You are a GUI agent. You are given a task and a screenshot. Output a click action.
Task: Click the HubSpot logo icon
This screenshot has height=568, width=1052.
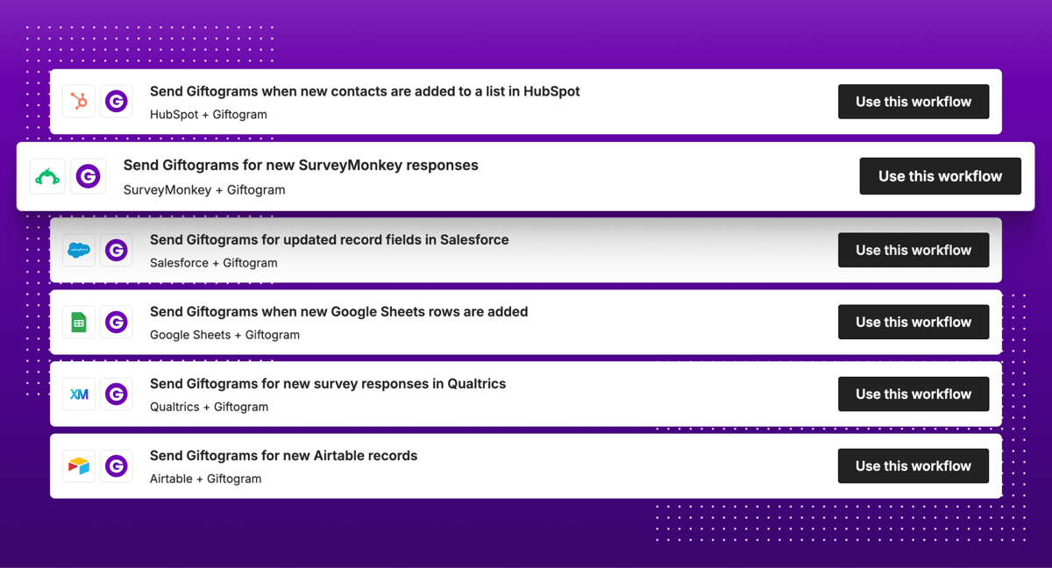tap(79, 102)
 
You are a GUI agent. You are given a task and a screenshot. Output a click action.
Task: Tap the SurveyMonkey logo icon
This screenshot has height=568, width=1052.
tap(47, 176)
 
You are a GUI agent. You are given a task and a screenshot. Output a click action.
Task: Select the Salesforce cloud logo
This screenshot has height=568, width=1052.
tap(79, 250)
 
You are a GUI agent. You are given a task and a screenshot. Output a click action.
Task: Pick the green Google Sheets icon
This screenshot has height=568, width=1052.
tap(79, 323)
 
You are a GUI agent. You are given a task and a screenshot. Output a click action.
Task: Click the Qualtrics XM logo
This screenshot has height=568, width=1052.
tap(79, 394)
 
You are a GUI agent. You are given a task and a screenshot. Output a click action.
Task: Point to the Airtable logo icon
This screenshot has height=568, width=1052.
tap(79, 466)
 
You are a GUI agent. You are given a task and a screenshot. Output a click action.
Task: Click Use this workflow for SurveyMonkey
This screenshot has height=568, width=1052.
tap(940, 176)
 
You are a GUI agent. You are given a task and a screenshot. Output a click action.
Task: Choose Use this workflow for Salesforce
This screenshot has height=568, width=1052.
tap(913, 250)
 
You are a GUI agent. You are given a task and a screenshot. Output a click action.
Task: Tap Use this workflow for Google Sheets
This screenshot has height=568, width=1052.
tap(913, 322)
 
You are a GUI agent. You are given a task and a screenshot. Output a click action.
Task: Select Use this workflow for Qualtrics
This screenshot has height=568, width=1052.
tap(913, 394)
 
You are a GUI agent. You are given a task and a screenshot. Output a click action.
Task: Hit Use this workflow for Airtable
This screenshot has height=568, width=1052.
tap(913, 465)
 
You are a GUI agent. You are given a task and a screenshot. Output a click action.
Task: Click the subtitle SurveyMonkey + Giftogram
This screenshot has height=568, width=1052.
tap(204, 189)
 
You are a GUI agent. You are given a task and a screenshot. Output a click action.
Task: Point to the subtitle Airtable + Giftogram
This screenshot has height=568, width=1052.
tap(205, 479)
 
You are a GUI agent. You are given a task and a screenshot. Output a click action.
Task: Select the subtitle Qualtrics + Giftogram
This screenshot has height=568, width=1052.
tap(209, 407)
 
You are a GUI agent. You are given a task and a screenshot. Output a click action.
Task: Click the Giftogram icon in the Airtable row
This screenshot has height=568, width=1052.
tap(117, 466)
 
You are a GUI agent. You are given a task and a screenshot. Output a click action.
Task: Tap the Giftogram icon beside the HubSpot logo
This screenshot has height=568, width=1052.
tap(117, 102)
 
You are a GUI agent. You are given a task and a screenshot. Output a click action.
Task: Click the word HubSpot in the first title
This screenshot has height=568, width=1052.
tap(551, 91)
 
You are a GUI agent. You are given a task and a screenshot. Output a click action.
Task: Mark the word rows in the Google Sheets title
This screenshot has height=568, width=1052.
tap(460, 311)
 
